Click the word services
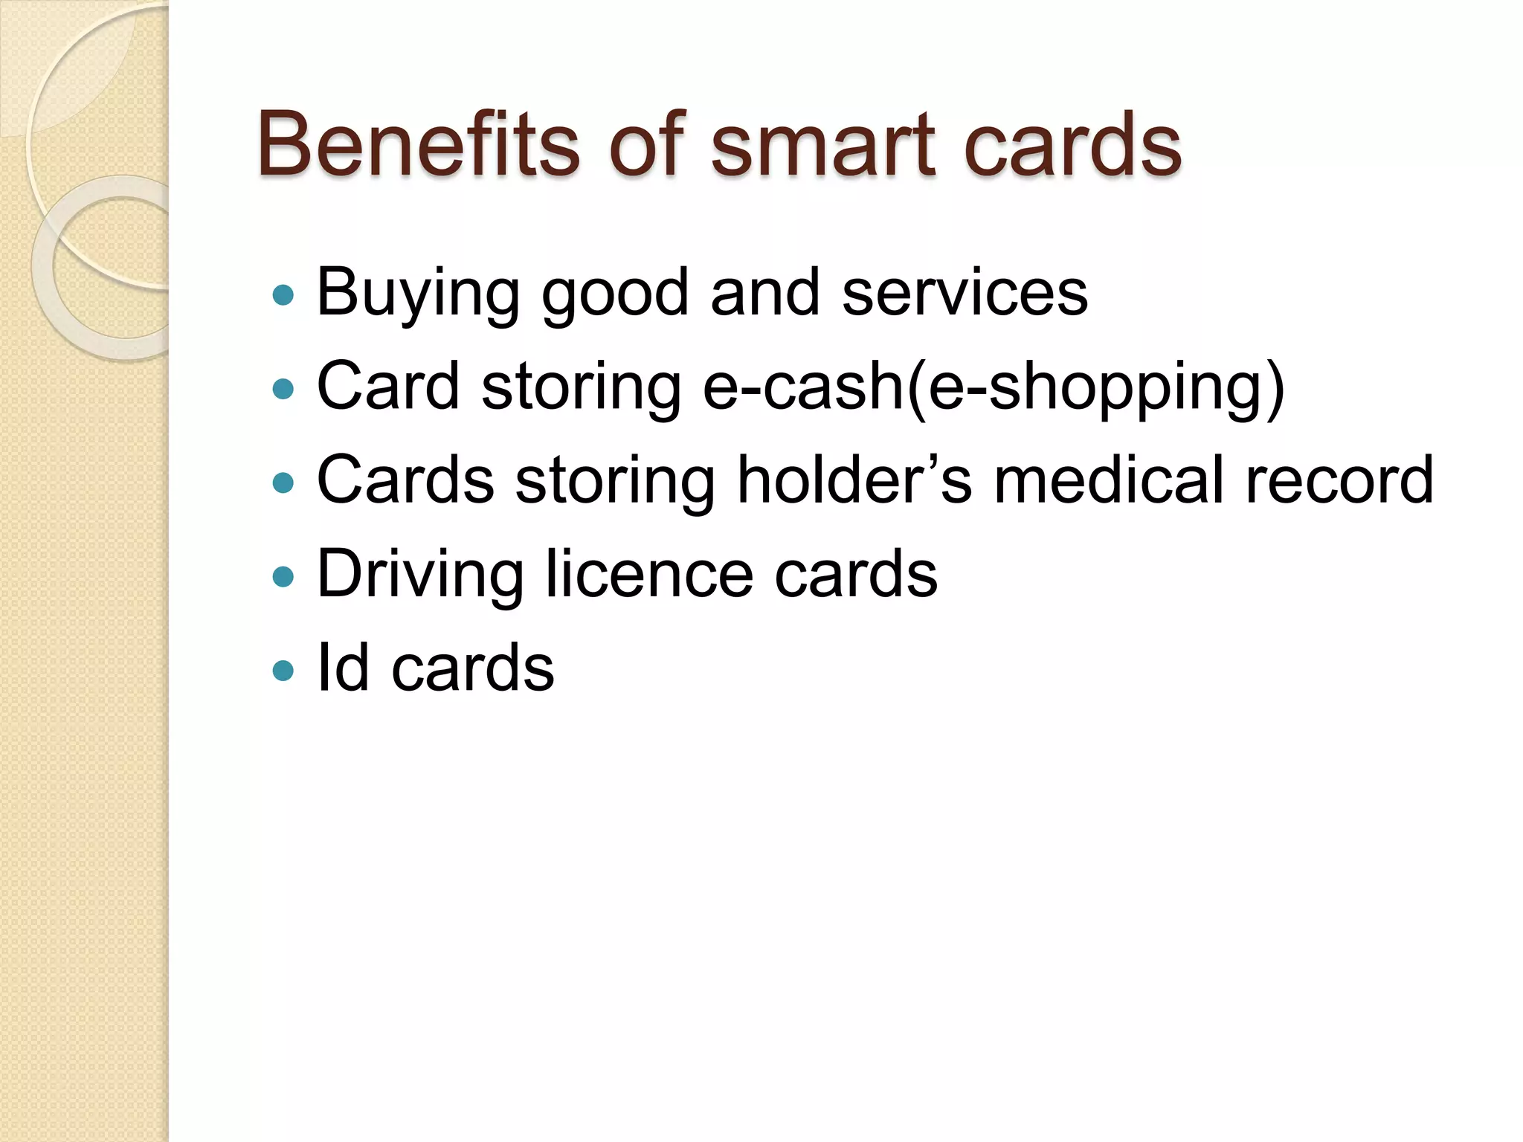click(965, 292)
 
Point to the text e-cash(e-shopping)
click(993, 387)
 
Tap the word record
click(1339, 480)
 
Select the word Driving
click(420, 575)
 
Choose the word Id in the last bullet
click(343, 667)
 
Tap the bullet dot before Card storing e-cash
click(283, 389)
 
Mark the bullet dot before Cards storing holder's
click(283, 483)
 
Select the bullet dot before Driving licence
click(283, 577)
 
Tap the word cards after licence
click(856, 573)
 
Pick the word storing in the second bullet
click(581, 387)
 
